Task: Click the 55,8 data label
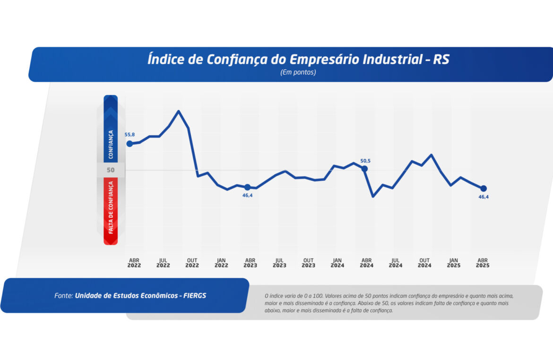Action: (130, 135)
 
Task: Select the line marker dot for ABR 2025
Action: (483, 188)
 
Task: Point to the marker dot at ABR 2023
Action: (247, 187)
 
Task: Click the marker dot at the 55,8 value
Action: (130, 144)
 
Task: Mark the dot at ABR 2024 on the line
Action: (364, 168)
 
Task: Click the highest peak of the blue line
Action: (179, 111)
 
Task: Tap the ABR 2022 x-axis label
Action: (134, 263)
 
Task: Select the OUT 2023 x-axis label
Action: (308, 263)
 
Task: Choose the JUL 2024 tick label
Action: (396, 263)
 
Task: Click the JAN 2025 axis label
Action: (453, 263)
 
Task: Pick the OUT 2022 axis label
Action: (192, 263)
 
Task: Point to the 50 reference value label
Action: (111, 170)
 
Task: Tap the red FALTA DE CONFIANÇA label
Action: (111, 207)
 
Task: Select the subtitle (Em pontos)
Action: (298, 72)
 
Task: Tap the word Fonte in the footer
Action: (63, 296)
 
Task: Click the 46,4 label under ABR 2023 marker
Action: (248, 195)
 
